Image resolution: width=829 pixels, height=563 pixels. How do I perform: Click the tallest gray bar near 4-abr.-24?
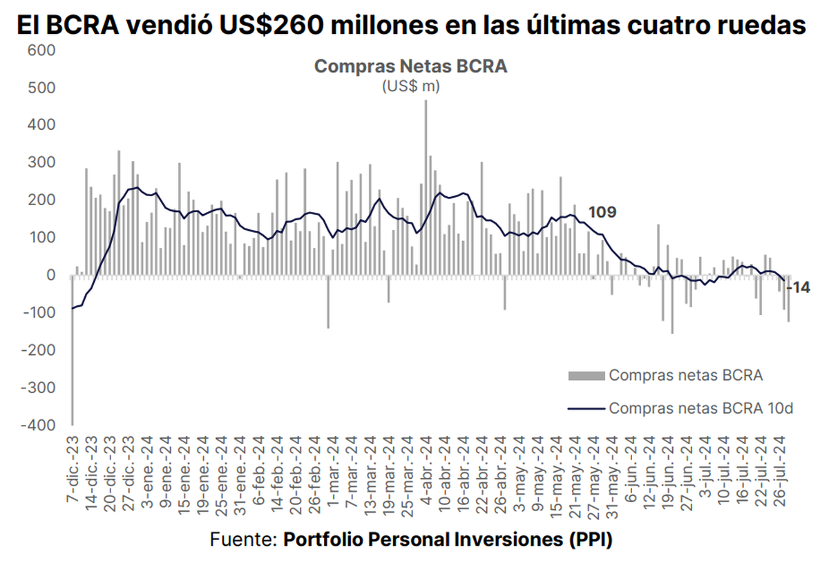pyautogui.click(x=426, y=187)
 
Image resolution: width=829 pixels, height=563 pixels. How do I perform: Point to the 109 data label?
pyautogui.click(x=602, y=212)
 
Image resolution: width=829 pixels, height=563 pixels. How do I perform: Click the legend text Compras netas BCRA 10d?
pyautogui.click(x=700, y=408)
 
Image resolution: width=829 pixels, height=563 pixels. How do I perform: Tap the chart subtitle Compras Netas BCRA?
pyautogui.click(x=411, y=66)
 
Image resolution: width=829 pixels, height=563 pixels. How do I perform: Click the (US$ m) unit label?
pyautogui.click(x=411, y=87)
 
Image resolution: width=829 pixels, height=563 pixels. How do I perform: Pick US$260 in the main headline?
pyautogui.click(x=267, y=26)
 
